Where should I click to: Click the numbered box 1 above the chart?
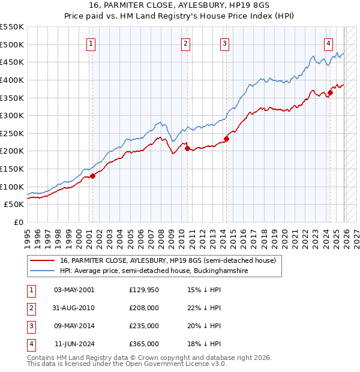pyautogui.click(x=91, y=43)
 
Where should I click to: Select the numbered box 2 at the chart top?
pyautogui.click(x=186, y=43)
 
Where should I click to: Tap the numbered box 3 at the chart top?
pyautogui.click(x=224, y=43)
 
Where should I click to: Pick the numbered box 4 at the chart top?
pyautogui.click(x=329, y=43)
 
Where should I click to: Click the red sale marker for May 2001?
pyautogui.click(x=92, y=176)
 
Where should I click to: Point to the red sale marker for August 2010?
pyautogui.click(x=187, y=148)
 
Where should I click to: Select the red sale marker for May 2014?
pyautogui.click(x=226, y=139)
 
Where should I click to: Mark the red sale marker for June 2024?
pyautogui.click(x=330, y=92)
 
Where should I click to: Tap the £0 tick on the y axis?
pyautogui.click(x=18, y=222)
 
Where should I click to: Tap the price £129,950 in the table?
pyautogui.click(x=143, y=290)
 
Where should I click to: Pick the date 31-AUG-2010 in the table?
pyautogui.click(x=74, y=308)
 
